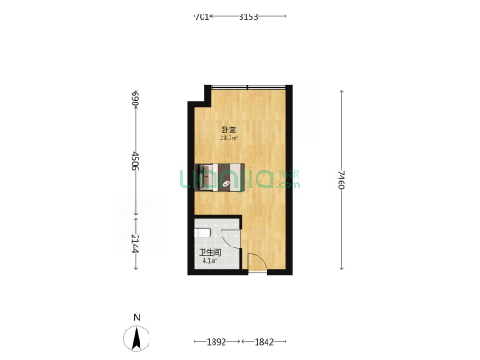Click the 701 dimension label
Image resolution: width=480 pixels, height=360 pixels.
tap(202, 17)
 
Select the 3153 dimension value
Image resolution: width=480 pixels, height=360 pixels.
tap(249, 17)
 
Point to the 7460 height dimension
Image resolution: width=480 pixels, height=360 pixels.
tap(341, 180)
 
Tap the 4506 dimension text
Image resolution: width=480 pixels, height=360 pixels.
tap(135, 161)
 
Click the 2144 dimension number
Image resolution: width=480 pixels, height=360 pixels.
tap(135, 244)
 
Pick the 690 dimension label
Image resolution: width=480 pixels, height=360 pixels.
tap(135, 99)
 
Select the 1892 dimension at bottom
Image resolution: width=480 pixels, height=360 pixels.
tap(216, 342)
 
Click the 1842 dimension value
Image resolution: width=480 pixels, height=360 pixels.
tap(264, 342)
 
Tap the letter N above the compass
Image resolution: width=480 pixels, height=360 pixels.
tap(137, 318)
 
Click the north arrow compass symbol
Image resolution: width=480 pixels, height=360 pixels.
tap(137, 338)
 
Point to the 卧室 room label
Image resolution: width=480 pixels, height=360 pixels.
tap(229, 130)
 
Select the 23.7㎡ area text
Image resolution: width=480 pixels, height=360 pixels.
tap(229, 138)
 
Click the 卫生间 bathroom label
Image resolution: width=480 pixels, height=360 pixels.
tap(211, 253)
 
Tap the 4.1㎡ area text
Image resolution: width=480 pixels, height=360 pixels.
tap(210, 261)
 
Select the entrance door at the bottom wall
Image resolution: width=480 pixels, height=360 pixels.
tap(257, 262)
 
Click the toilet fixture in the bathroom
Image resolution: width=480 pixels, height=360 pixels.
tap(202, 233)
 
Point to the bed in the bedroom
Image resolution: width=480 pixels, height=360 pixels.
tap(220, 177)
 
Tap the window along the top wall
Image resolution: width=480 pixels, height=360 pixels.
tap(249, 87)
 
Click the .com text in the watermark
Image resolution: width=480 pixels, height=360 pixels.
tap(287, 184)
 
